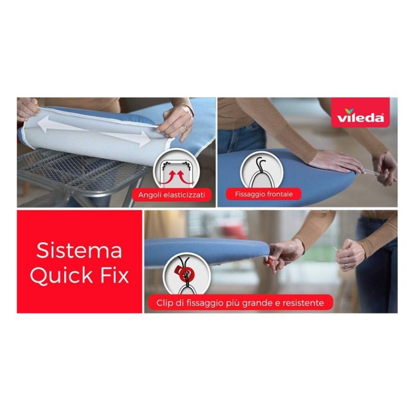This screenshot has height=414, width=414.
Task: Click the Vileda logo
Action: click(360, 113)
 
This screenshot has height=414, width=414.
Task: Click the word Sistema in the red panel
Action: click(79, 250)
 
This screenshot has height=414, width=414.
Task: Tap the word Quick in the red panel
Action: click(61, 276)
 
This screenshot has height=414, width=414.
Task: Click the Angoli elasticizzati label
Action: click(172, 195)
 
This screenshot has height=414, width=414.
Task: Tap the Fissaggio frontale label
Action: click(264, 195)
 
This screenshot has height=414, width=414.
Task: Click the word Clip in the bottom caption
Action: click(164, 303)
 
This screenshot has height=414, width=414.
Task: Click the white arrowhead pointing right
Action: click(143, 138)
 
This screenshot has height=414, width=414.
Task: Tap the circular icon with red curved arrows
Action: click(175, 170)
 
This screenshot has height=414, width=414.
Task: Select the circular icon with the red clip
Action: click(187, 275)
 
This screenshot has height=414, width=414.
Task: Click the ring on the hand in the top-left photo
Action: click(185, 127)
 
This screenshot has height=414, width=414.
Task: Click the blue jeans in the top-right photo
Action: click(242, 137)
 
